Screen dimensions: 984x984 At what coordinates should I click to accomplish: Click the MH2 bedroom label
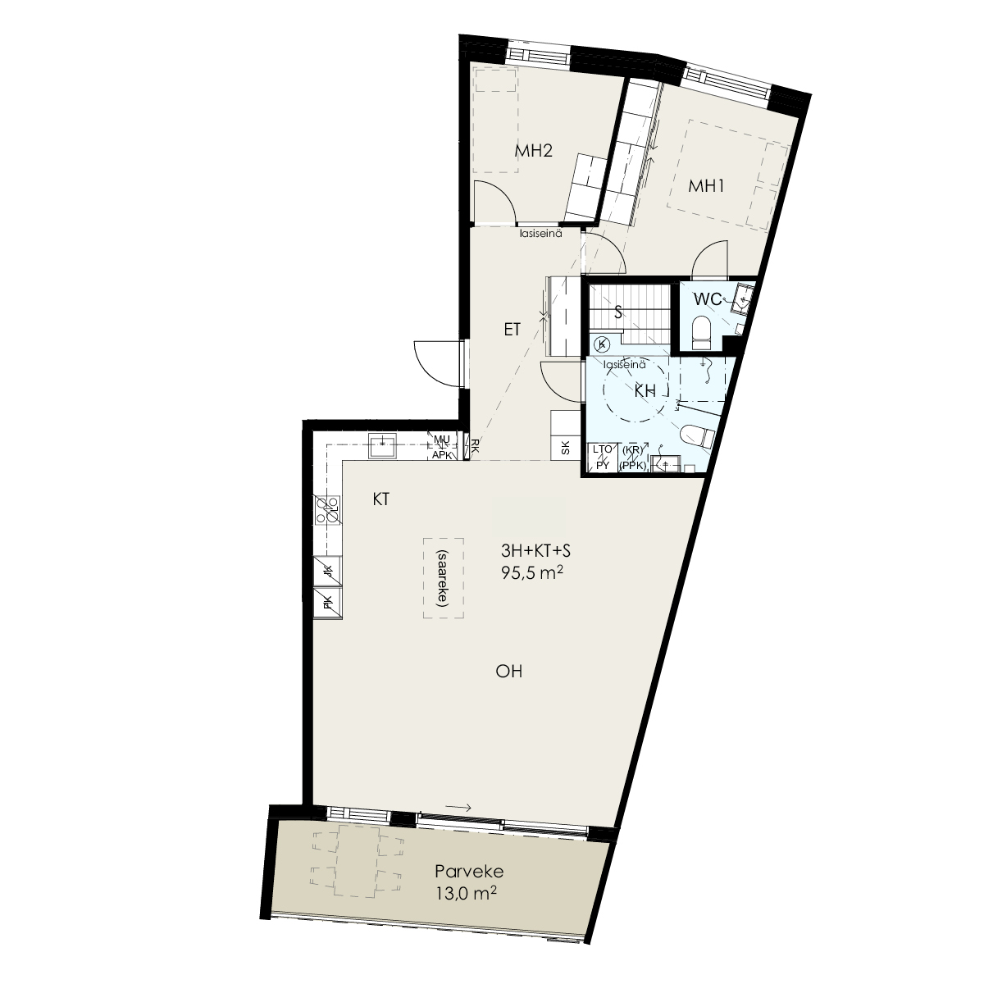(x=534, y=151)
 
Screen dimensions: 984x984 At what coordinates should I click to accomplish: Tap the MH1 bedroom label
(x=706, y=186)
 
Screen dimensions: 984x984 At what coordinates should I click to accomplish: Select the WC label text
(x=707, y=299)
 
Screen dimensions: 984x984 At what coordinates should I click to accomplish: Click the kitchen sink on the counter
(x=382, y=446)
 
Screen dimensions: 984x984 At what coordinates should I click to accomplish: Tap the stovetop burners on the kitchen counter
(x=328, y=510)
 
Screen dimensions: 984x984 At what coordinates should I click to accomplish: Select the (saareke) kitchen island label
(x=442, y=578)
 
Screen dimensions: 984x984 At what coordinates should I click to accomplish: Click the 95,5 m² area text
(x=532, y=573)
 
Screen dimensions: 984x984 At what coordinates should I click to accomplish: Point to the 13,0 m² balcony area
(x=467, y=893)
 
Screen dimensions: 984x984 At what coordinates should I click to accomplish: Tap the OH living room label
(x=508, y=671)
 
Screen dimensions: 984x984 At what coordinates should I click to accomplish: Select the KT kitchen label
(x=381, y=499)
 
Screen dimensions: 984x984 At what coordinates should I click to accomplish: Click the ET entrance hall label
(x=512, y=330)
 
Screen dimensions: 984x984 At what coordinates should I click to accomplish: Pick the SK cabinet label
(x=565, y=448)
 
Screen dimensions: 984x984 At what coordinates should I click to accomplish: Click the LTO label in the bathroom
(x=602, y=449)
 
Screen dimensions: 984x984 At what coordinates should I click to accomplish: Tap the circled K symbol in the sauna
(x=603, y=344)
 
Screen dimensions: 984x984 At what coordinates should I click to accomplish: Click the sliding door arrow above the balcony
(x=458, y=808)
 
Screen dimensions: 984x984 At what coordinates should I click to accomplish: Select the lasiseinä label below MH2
(x=540, y=234)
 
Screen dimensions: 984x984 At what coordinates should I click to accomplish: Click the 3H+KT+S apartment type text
(x=535, y=551)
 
